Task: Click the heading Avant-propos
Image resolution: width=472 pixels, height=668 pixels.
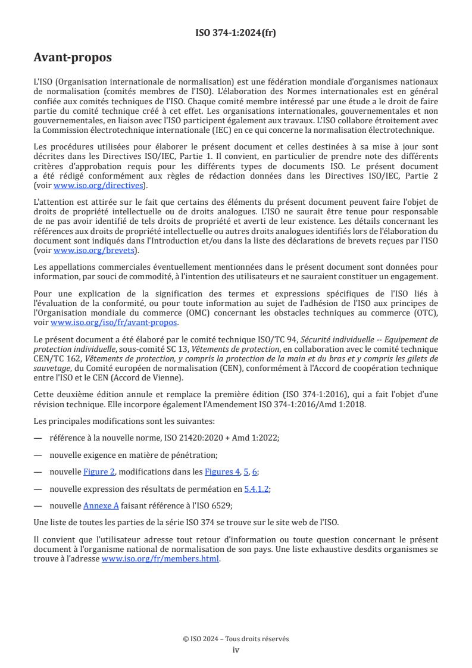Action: (x=73, y=58)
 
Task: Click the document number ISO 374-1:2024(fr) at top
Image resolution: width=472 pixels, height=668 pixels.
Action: (x=236, y=33)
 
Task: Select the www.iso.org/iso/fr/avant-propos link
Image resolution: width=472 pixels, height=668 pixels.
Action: (x=114, y=322)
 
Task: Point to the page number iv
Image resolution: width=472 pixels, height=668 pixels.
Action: (x=236, y=650)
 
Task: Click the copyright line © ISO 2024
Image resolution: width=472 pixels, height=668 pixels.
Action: (x=236, y=639)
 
